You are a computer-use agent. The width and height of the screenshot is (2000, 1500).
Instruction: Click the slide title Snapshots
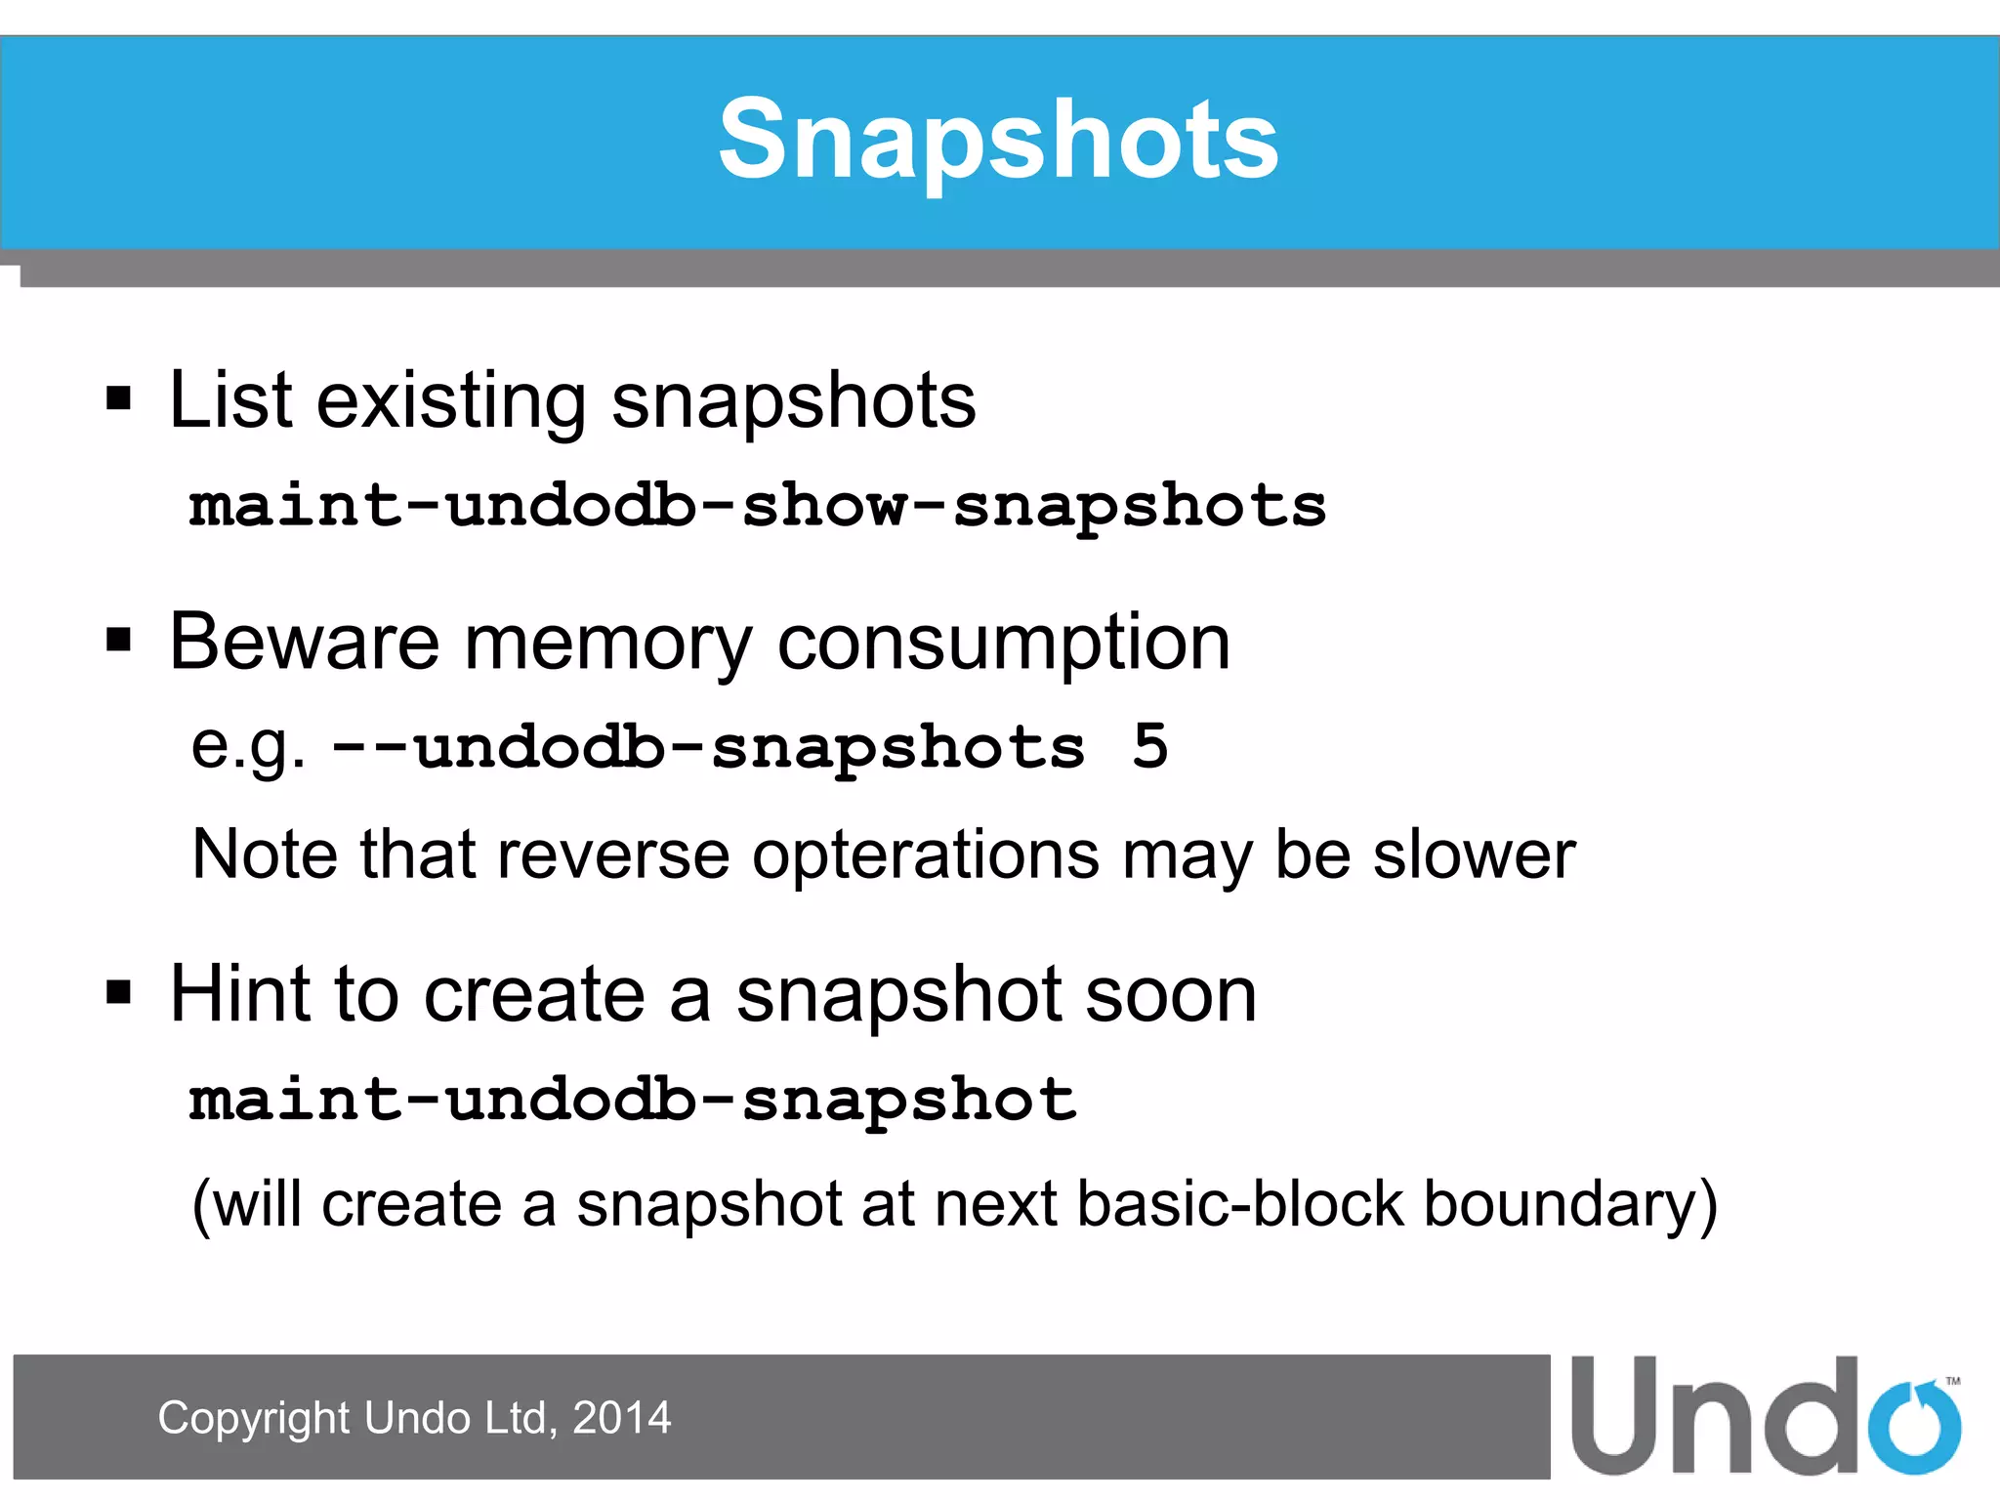(x=998, y=140)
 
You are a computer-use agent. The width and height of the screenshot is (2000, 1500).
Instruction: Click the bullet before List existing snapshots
(x=119, y=398)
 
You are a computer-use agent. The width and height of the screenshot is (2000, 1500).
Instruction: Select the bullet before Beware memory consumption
(x=119, y=641)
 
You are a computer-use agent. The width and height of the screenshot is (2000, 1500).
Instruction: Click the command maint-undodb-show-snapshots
(x=758, y=506)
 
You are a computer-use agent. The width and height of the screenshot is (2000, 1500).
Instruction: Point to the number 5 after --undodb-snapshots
(x=1149, y=747)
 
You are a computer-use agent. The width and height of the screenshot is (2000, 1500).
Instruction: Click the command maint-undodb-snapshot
(x=633, y=1100)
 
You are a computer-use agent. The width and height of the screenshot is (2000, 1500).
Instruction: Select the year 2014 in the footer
(x=621, y=1418)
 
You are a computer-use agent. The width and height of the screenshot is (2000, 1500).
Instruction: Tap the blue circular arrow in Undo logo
(x=1913, y=1426)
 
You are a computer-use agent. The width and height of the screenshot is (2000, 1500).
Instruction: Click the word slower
(x=1474, y=855)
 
